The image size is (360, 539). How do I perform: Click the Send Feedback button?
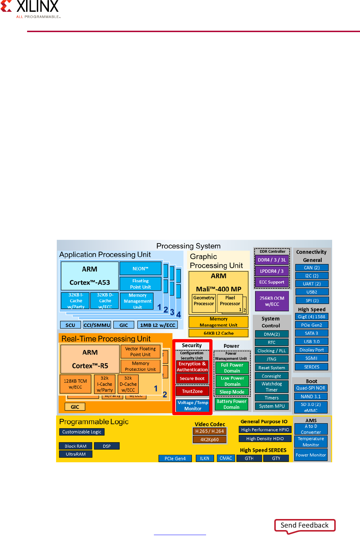305,525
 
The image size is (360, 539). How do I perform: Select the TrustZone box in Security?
192,391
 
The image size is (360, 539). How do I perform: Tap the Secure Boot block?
192,378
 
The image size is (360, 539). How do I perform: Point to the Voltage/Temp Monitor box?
193,405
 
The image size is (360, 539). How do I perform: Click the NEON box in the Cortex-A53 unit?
140,269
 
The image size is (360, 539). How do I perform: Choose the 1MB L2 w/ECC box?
157,325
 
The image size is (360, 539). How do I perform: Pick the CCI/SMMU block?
97,325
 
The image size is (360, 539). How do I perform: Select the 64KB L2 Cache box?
219,333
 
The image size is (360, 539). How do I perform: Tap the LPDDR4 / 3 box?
272,271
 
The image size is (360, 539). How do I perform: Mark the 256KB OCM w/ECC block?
272,301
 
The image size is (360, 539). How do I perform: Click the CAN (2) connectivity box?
312,268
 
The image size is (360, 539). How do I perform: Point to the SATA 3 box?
311,333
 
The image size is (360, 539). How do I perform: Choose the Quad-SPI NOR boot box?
311,388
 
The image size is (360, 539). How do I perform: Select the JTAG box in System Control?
271,359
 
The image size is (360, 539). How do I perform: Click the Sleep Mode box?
232,392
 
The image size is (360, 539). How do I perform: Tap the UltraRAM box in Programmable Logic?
76,454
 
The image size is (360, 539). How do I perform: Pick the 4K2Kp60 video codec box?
210,439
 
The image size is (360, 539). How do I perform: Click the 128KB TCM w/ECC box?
75,384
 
